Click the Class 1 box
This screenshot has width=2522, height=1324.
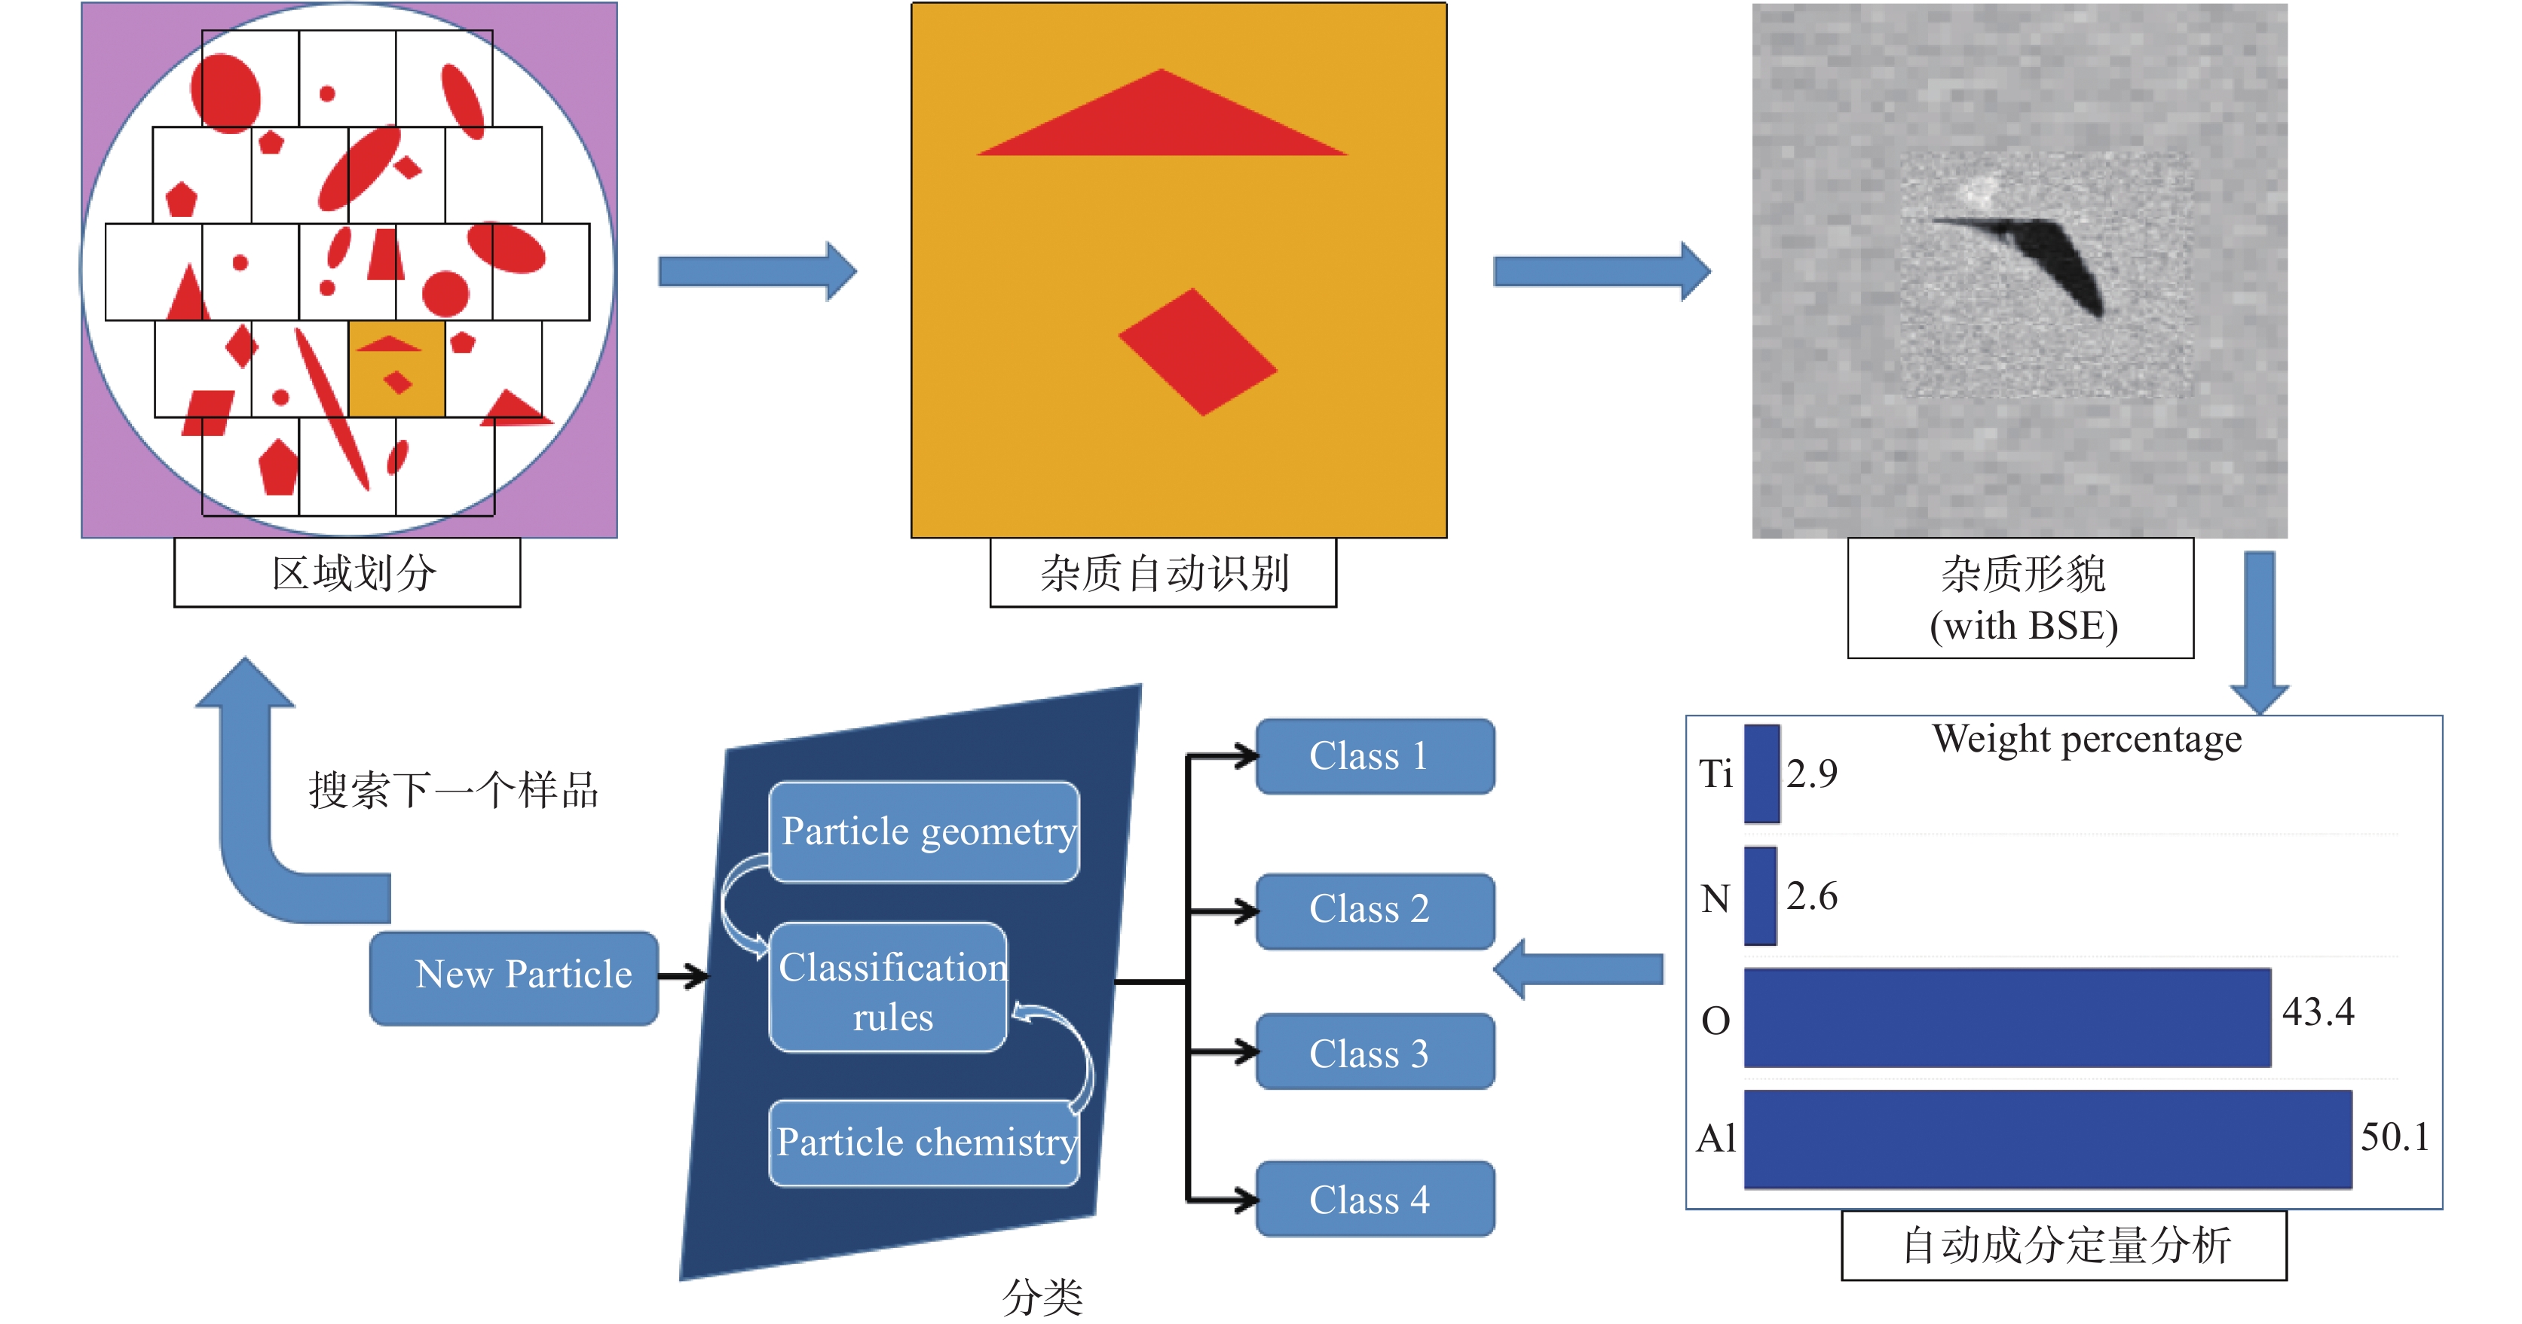pos(1373,756)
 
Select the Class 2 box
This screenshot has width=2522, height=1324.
pos(1373,910)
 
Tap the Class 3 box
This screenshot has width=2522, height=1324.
pos(1373,1053)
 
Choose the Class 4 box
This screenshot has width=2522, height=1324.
pos(1373,1199)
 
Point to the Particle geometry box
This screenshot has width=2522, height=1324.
pos(925,831)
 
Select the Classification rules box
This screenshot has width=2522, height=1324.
pos(888,988)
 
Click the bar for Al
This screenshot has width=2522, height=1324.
pos(2046,1139)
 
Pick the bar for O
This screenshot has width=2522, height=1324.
pos(2007,1017)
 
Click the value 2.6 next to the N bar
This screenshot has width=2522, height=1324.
pos(1811,896)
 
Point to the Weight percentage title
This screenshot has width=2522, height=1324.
pos(2086,740)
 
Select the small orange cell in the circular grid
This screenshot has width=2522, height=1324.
pos(396,369)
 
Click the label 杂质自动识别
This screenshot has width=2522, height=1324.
pos(1163,573)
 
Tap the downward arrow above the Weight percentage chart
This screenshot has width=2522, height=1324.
pos(2259,631)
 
